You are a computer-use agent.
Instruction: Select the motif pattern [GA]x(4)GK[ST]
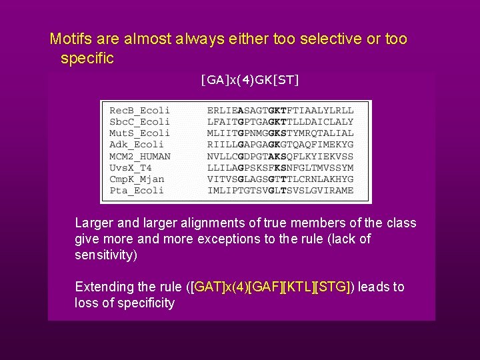250,81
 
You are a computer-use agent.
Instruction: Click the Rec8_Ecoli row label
139,111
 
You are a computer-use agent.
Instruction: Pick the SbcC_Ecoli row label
139,122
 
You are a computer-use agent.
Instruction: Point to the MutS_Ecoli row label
139,133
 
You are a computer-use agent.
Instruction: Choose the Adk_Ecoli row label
136,145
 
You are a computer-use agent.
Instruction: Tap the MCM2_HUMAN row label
140,156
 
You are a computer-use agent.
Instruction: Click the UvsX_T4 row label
131,167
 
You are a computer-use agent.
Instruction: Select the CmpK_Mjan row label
137,179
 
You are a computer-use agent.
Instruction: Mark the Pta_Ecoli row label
136,190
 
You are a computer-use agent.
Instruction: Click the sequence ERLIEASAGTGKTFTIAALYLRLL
281,111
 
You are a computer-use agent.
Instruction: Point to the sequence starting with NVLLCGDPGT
281,156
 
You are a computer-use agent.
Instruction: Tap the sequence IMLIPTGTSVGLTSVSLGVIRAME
281,190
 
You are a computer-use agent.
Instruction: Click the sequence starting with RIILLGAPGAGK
281,145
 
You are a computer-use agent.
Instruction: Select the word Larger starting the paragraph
95,223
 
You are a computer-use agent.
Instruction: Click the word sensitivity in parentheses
105,255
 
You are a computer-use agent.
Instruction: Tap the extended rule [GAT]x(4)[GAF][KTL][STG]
271,287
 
